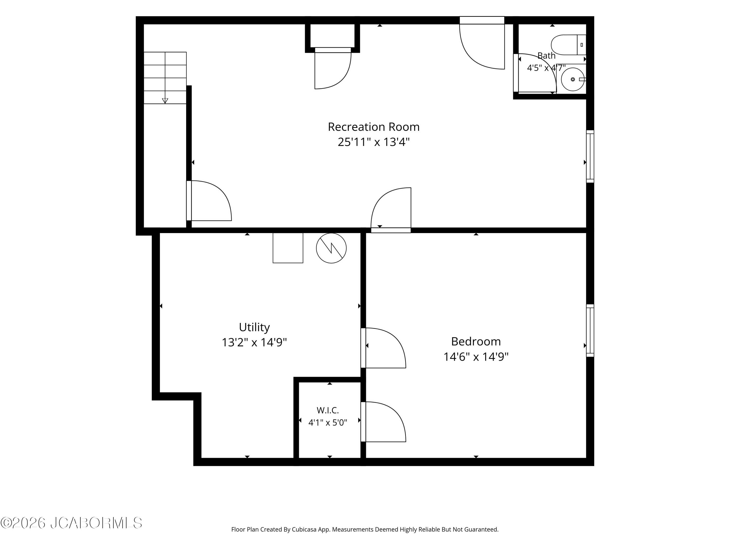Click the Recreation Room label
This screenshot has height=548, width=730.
point(374,127)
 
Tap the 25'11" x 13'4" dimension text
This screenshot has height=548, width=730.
point(374,142)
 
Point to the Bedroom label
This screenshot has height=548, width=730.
point(476,341)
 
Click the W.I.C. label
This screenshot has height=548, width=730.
point(328,410)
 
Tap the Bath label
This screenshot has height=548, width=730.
point(547,56)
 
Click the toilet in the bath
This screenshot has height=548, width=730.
point(568,45)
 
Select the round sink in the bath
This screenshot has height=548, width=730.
point(573,79)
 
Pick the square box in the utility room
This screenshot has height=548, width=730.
point(288,248)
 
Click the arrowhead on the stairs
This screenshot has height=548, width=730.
point(165,101)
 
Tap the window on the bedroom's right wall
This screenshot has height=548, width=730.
point(590,330)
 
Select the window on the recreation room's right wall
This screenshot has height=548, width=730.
point(590,156)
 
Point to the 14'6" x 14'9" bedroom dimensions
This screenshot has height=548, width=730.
point(476,357)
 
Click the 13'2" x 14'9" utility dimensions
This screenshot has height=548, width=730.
point(254,342)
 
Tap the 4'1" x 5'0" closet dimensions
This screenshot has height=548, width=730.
point(328,423)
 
